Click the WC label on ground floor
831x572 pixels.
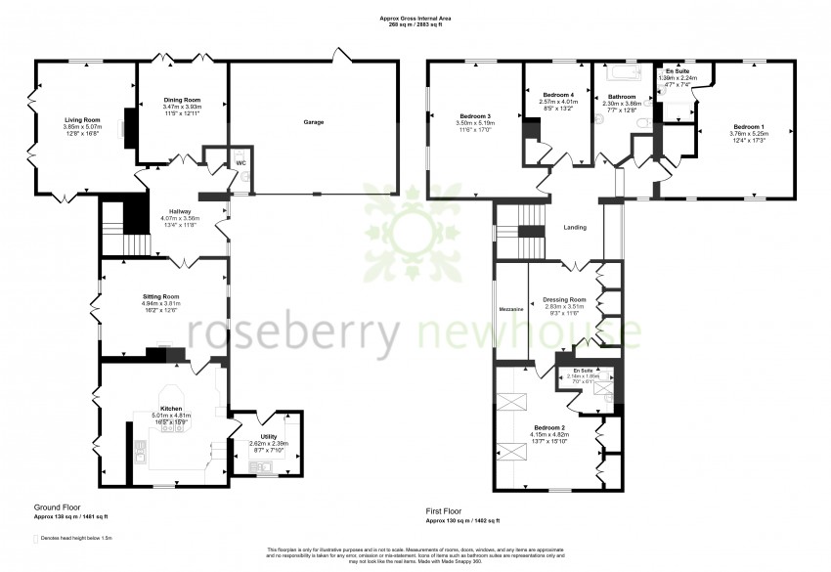coord(241,163)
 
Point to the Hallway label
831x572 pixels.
coord(179,210)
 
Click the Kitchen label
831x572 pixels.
coord(171,408)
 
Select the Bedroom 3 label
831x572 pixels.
coord(475,116)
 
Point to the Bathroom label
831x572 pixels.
coord(622,97)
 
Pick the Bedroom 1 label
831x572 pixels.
coord(749,126)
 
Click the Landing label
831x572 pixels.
coord(575,228)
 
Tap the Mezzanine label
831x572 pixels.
coord(511,309)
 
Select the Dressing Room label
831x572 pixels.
coord(565,299)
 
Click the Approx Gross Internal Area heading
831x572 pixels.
coord(415,17)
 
